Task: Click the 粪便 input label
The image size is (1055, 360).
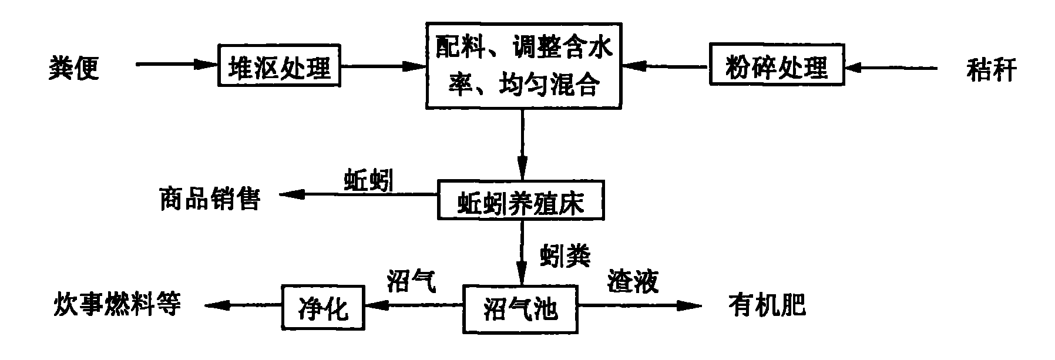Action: pyautogui.click(x=73, y=68)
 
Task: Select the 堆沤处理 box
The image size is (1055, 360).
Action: pyautogui.click(x=279, y=66)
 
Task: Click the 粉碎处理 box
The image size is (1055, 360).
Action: pyautogui.click(x=776, y=66)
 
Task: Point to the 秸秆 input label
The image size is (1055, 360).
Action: pyautogui.click(x=991, y=69)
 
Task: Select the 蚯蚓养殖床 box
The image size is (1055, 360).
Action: pyautogui.click(x=520, y=201)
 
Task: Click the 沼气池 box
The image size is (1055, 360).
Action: pyautogui.click(x=520, y=307)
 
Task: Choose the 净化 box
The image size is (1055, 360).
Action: pyautogui.click(x=323, y=307)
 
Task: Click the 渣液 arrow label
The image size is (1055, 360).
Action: pyautogui.click(x=633, y=281)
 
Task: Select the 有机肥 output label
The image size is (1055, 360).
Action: pyautogui.click(x=767, y=306)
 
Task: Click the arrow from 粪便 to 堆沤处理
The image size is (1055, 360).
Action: pyautogui.click(x=176, y=65)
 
